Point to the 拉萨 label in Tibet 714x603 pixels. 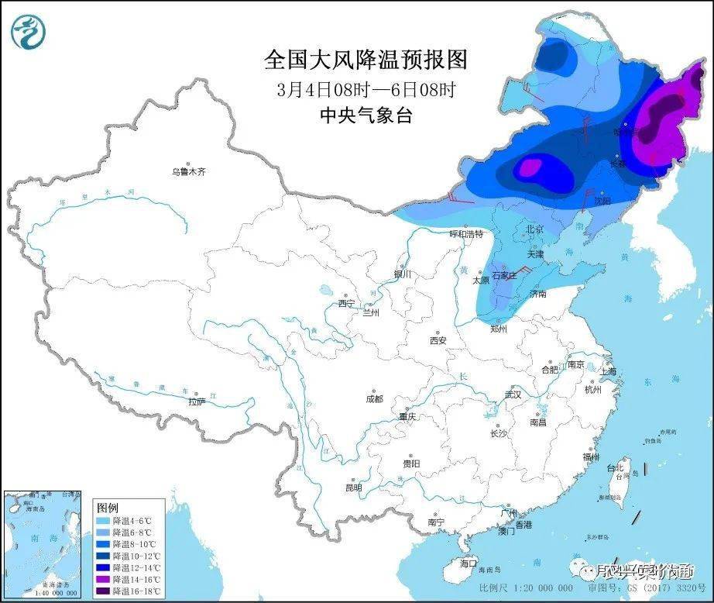pos(197,401)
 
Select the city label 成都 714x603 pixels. pos(374,398)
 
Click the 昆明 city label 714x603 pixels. pos(353,488)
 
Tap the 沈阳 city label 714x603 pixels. pos(602,200)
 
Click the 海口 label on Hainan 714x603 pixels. pos(469,563)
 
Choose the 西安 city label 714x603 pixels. pos(438,340)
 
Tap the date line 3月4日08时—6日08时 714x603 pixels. pos(366,89)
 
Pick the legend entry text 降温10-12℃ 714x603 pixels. pos(135,556)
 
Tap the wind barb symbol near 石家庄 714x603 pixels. pos(525,270)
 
